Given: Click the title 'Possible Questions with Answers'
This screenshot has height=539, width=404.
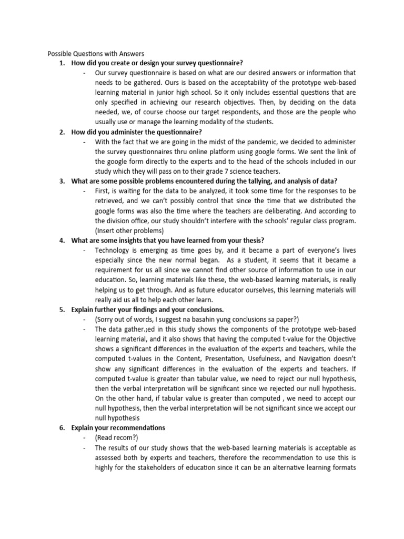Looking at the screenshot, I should [x=96, y=54].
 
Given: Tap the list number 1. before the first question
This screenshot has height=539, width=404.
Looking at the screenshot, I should [x=62, y=63].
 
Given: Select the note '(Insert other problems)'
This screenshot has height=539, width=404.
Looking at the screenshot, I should [x=129, y=230].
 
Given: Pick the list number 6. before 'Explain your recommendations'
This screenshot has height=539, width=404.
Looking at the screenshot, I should [x=62, y=427].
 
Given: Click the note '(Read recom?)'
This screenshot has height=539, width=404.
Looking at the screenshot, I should [x=115, y=437].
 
